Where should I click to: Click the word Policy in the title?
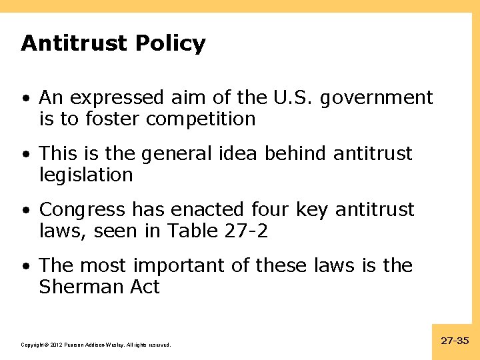170,44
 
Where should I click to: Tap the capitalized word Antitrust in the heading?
75,44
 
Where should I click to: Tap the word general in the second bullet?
165,154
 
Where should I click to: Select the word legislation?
86,175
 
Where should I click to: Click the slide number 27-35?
455,341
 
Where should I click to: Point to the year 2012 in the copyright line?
55,345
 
